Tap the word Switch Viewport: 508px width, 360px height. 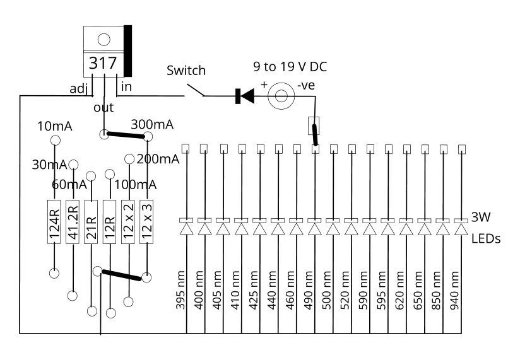(186, 71)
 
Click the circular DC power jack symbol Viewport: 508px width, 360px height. (281, 96)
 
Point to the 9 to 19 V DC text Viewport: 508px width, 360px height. (290, 66)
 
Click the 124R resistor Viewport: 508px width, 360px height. (55, 222)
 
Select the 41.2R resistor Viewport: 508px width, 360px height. (73, 222)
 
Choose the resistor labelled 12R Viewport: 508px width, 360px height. (110, 222)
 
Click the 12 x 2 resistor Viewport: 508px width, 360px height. (129, 222)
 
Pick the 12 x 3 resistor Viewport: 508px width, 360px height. (147, 222)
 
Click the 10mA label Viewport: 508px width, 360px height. (55, 126)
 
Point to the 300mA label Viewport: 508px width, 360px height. (152, 124)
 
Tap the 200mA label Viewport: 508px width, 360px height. (158, 159)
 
